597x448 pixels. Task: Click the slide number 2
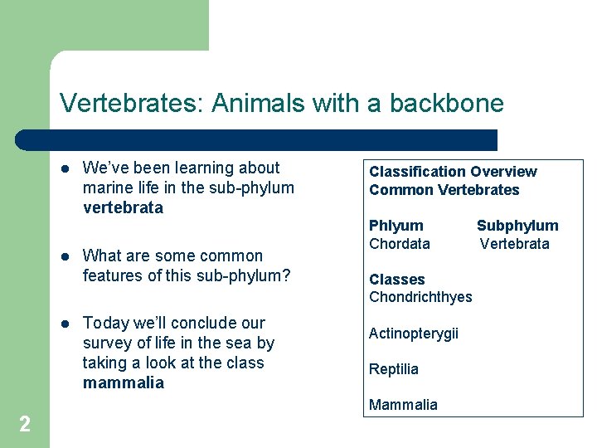click(25, 425)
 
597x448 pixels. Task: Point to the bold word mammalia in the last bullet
click(124, 382)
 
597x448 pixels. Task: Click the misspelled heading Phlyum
click(396, 226)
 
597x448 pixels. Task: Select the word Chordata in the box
click(399, 244)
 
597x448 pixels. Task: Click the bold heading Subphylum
click(517, 226)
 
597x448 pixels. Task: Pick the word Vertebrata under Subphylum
click(515, 244)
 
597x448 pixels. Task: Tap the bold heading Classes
click(396, 280)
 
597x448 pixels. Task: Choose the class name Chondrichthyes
click(420, 297)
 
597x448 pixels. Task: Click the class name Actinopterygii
click(413, 334)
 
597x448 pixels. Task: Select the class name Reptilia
click(393, 369)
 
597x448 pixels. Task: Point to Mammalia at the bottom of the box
click(403, 405)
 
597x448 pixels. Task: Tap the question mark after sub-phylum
click(286, 275)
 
